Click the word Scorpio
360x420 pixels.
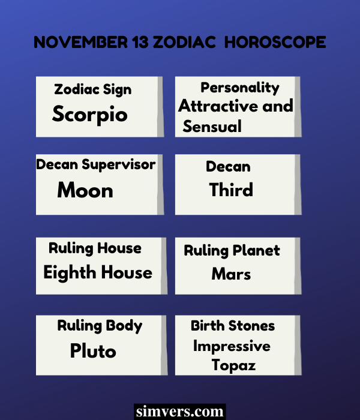pyautogui.click(x=90, y=114)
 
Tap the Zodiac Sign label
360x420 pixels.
pyautogui.click(x=92, y=90)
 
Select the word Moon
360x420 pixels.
pyautogui.click(x=85, y=191)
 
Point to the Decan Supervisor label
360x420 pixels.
pyautogui.click(x=96, y=164)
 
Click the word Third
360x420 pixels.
pyautogui.click(x=231, y=190)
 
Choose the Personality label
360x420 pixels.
pyautogui.click(x=240, y=88)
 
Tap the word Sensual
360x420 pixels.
pyautogui.click(x=212, y=127)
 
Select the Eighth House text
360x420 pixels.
pyautogui.click(x=98, y=272)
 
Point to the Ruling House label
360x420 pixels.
pyautogui.click(x=95, y=248)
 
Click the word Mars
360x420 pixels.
pyautogui.click(x=231, y=274)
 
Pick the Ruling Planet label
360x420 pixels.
pyautogui.click(x=232, y=251)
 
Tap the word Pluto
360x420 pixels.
pyautogui.click(x=93, y=350)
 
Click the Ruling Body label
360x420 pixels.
pyautogui.click(x=100, y=326)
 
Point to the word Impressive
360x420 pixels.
pyautogui.click(x=232, y=346)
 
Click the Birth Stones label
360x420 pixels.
pyautogui.click(x=233, y=326)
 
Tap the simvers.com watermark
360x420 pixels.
pyautogui.click(x=180, y=412)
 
